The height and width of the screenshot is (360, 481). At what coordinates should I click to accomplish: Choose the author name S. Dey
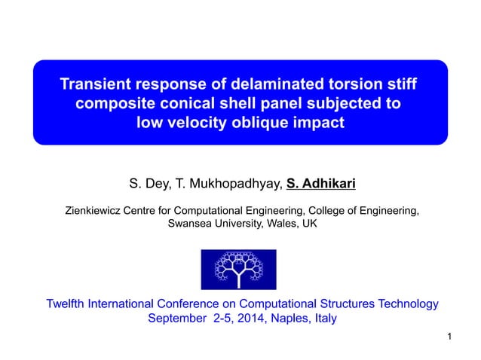[145, 184]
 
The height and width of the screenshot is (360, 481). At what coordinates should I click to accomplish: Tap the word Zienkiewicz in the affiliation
[97, 212]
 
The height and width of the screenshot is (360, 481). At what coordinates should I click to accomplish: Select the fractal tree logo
[238, 269]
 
